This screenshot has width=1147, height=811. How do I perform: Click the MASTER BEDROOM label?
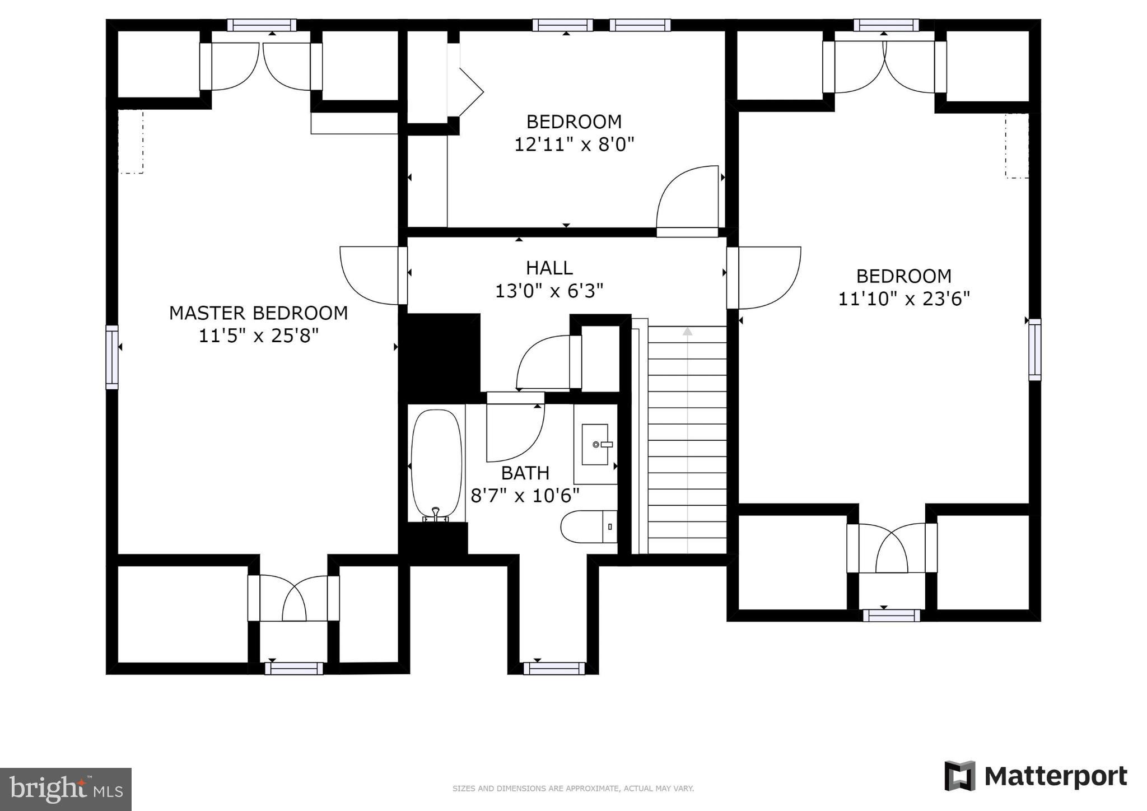tap(258, 313)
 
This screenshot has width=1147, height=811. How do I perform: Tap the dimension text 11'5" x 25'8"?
tap(259, 335)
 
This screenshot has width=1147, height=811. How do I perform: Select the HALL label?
tap(549, 268)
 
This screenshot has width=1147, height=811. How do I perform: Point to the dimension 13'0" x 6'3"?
tap(549, 291)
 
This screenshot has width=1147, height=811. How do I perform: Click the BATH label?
tap(525, 473)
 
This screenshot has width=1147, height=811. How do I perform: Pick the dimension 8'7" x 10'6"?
tap(525, 496)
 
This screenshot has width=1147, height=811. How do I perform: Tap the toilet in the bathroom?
tap(589, 526)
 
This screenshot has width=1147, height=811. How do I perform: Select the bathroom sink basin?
tap(595, 445)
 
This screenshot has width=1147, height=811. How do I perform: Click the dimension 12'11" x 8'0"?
tap(574, 145)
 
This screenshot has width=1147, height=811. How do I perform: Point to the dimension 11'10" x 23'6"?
tap(904, 299)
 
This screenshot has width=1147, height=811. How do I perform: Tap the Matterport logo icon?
tap(960, 776)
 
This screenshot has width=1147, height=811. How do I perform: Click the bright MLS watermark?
tap(66, 789)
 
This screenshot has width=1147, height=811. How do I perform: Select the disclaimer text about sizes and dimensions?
tap(573, 789)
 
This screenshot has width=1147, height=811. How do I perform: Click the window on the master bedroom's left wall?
tap(112, 357)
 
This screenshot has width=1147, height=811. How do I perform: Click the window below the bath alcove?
tap(554, 669)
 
